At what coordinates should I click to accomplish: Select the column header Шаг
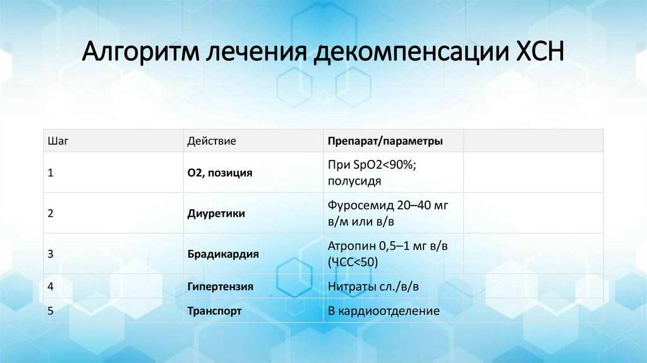pos(58,141)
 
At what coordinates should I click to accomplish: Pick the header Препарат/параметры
pos(385,141)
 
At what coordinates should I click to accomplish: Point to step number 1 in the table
pos(51,173)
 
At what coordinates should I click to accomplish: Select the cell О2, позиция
pos(219,173)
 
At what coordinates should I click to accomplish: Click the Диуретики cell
pos(216,214)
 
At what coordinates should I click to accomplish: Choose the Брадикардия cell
pos(223,254)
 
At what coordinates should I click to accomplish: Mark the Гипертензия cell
pos(220,286)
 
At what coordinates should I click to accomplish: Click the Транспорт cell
pos(214,311)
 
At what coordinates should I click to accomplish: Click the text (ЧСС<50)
pos(353,262)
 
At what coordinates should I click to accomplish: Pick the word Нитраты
pos(350,286)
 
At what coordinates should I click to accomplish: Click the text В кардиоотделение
pos(383,311)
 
